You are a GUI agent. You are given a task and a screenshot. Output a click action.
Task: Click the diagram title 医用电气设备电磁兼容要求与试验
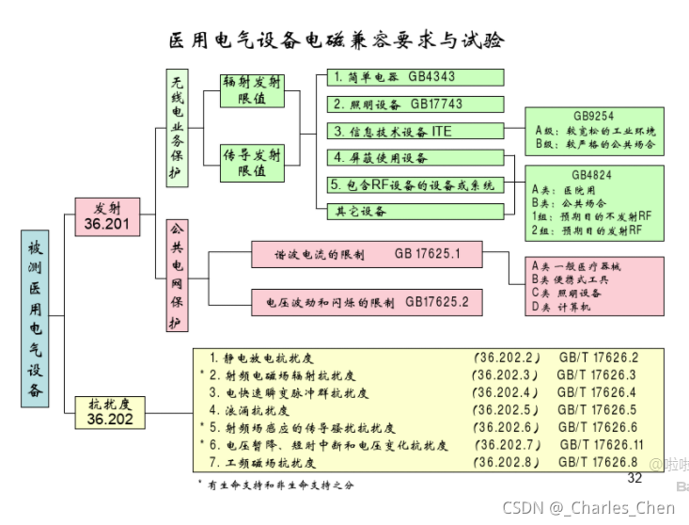coord(336,40)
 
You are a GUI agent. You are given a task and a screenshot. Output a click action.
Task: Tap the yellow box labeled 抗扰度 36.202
coord(110,412)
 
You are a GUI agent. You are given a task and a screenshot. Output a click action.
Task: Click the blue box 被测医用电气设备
coord(35,320)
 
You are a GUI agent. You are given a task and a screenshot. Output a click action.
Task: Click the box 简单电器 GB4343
coord(415,77)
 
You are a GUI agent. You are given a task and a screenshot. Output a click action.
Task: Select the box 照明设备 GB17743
coord(415,104)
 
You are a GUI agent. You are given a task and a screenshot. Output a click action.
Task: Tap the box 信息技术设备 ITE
coord(415,131)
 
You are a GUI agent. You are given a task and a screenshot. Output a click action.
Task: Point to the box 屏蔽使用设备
coord(415,157)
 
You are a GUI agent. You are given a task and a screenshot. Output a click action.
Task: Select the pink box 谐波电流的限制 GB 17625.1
coord(366,254)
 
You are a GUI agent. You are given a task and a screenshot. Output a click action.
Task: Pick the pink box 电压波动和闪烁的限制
coord(366,302)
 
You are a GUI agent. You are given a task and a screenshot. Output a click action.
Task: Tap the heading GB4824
coord(593,174)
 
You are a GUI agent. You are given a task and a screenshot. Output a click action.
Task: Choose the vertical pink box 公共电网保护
coord(176,276)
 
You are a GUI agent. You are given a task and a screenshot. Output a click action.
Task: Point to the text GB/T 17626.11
coord(602,444)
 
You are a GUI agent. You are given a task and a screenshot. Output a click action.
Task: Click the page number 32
coord(634,478)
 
